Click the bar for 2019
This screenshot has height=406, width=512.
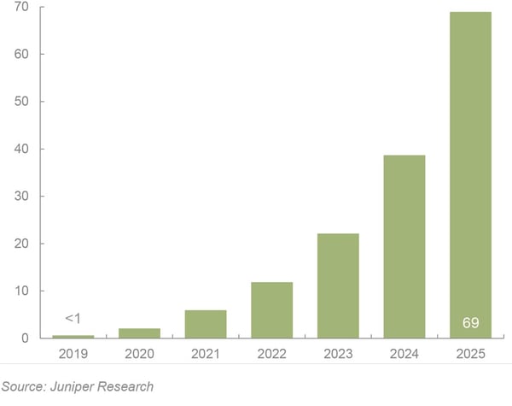point(73,336)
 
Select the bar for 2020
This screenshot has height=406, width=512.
point(140,333)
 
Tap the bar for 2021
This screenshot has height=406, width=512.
point(206,324)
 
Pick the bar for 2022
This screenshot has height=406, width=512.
point(271,310)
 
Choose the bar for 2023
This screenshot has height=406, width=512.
point(338,285)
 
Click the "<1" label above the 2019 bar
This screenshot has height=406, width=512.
point(73,319)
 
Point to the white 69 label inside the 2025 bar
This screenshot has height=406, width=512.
point(470,323)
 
